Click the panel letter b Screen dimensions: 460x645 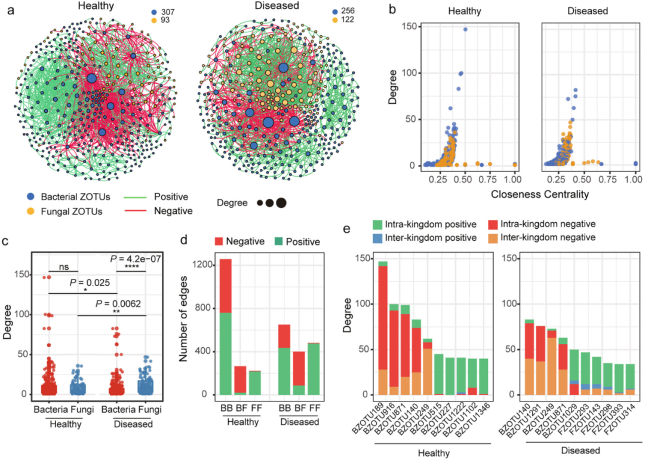pos(392,10)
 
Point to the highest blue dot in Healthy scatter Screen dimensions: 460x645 pos(465,29)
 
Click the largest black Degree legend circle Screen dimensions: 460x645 pos(281,203)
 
